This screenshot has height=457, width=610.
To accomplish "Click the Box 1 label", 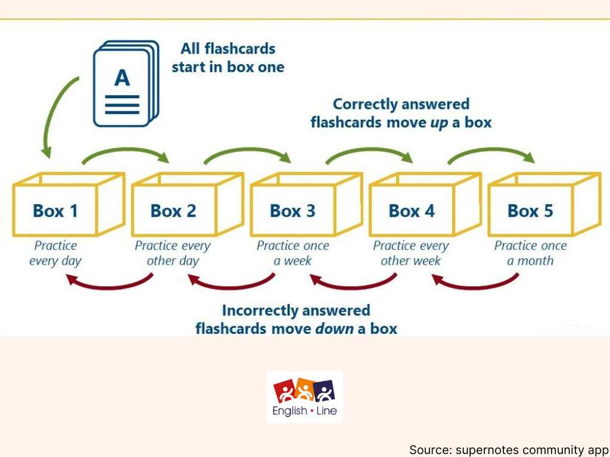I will click(x=55, y=211).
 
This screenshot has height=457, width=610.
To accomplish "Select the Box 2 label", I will click(x=173, y=211).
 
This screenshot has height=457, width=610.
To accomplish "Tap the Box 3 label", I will click(x=292, y=211).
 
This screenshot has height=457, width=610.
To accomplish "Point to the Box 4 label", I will click(x=412, y=211).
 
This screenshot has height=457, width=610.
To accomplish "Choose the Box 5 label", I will click(x=530, y=211).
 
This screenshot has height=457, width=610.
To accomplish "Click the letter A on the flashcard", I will click(x=122, y=78).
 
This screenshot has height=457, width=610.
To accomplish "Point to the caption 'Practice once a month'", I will click(x=530, y=253).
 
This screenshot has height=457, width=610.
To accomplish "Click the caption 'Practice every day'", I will click(x=55, y=253).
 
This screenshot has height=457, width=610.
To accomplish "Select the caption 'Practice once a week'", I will click(x=292, y=253).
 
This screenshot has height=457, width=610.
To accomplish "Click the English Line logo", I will click(x=304, y=397).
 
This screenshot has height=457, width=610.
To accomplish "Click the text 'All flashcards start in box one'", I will click(x=228, y=58).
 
